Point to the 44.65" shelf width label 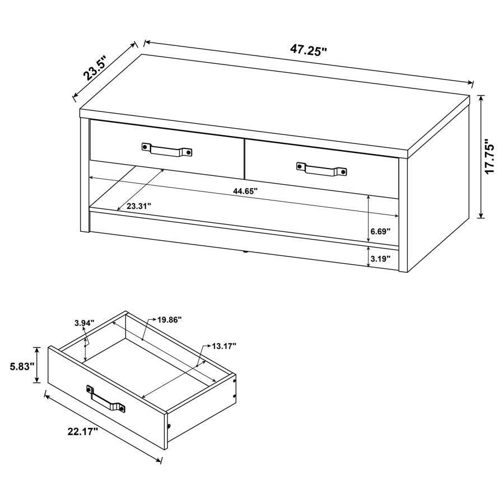pos(245,191)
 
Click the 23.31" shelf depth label pos(139,206)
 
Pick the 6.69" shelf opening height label pos(380,231)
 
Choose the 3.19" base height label pos(380,259)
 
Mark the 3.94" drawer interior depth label pos(84,323)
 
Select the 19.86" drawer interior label pos(169,320)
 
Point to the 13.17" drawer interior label pos(224,346)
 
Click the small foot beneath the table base pos(245,253)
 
